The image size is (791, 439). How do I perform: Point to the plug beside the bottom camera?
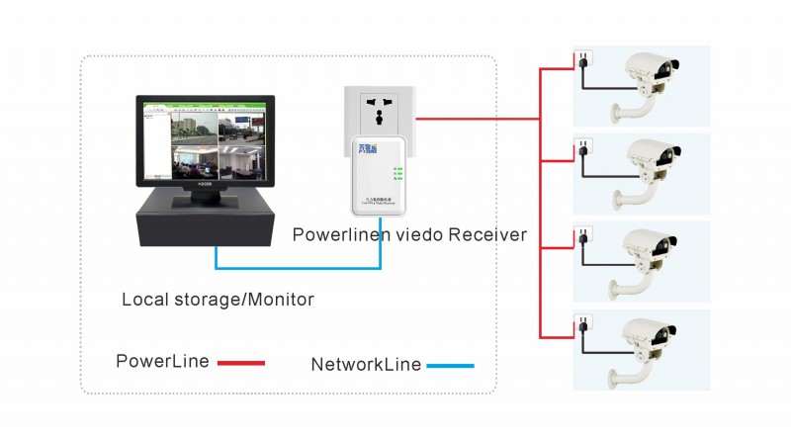[582, 327]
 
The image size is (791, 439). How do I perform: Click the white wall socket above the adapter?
[378, 109]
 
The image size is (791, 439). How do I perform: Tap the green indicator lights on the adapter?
[397, 175]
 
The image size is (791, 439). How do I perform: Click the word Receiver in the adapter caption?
[487, 235]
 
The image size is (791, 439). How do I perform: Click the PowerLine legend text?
[162, 362]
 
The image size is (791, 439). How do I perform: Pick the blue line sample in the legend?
[450, 366]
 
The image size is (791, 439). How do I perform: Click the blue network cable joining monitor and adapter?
[297, 267]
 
